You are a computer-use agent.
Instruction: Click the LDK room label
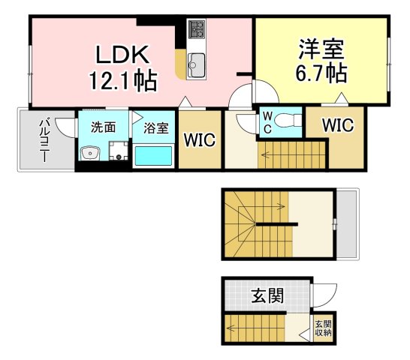click(122, 55)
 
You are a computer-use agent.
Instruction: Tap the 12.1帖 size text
click(123, 80)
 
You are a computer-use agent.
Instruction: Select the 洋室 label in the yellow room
click(321, 49)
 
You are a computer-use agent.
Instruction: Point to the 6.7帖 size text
click(321, 73)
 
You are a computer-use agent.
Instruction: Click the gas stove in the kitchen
click(197, 29)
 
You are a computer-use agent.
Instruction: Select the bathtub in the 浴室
click(153, 156)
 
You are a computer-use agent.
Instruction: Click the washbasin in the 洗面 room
click(90, 153)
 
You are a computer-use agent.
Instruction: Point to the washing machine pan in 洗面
click(119, 151)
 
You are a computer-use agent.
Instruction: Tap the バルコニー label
click(45, 140)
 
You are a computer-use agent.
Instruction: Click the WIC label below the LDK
click(200, 139)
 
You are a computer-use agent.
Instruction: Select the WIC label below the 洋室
click(338, 125)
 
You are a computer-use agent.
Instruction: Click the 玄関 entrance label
click(267, 295)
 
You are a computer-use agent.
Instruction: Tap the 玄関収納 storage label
click(323, 328)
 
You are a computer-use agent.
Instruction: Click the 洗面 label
click(104, 127)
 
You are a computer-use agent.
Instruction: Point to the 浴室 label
click(156, 128)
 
